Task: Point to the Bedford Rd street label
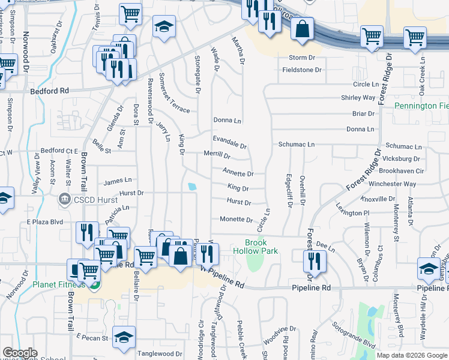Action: (x=49, y=91)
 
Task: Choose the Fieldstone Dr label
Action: (x=302, y=70)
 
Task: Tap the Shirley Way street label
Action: (x=358, y=97)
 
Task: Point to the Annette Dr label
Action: (x=238, y=174)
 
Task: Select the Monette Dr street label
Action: (x=236, y=220)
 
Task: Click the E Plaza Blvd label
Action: (x=45, y=221)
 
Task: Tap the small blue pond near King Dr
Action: (x=191, y=187)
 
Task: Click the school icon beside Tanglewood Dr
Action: (x=124, y=338)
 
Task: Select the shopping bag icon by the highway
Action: (x=303, y=28)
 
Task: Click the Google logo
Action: (x=20, y=352)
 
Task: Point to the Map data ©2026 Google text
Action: (x=412, y=355)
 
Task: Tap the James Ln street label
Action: (x=118, y=181)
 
